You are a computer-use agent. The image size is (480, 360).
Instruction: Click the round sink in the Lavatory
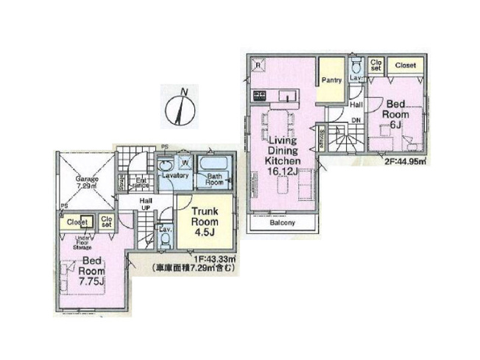click(168, 164)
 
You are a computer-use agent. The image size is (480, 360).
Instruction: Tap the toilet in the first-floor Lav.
click(166, 239)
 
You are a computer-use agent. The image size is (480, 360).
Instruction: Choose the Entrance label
click(139, 184)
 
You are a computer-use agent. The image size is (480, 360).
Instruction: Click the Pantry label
click(330, 80)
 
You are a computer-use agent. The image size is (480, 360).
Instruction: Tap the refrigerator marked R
click(258, 65)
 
